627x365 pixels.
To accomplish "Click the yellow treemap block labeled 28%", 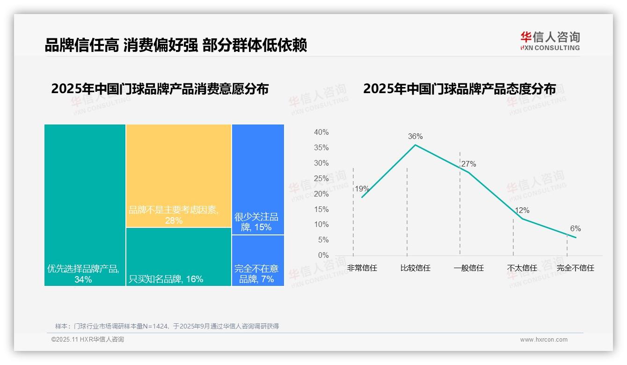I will pos(178,175).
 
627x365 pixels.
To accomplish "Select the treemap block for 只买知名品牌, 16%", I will pos(178,256).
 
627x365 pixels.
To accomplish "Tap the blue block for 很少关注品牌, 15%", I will pos(258,179).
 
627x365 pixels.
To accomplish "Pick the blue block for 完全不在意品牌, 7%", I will pos(258,260).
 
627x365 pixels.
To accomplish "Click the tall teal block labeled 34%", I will pos(85,204).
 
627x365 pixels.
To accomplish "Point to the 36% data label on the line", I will pos(415,137).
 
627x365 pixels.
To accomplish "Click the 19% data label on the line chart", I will pos(362,189).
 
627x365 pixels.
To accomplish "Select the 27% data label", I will pos(468,164).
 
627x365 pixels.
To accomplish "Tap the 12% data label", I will pos(522,211).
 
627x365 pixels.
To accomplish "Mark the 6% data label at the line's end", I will pos(575,229).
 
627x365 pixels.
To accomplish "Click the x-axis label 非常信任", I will pos(362,268).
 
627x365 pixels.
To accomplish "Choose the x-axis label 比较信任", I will pos(415,268).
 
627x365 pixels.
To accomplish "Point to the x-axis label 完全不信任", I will pos(575,268).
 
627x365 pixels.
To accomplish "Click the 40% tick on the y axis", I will pos(321,132).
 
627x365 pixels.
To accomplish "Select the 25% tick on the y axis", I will pos(321,178).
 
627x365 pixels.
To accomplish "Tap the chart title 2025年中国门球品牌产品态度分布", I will pos(459,89).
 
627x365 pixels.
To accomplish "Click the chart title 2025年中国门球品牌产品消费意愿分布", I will pos(160,89).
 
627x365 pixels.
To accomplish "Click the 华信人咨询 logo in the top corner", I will pos(550,41).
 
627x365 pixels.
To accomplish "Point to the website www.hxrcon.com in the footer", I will pos(543,340).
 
